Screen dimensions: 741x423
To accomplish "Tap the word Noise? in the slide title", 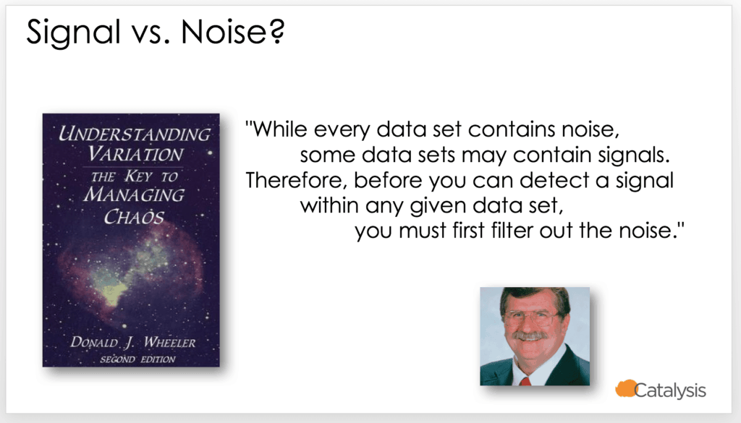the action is click(x=233, y=32).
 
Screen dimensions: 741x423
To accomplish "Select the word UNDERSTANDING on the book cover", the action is click(x=134, y=134).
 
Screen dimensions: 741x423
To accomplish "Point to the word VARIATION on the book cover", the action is click(x=135, y=154).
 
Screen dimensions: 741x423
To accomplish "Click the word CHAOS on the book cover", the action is click(x=134, y=217).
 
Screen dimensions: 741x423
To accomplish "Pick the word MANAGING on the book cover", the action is click(x=134, y=195).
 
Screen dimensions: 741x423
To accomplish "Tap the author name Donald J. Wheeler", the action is click(x=133, y=342).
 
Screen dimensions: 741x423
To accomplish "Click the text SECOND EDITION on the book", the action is click(x=137, y=360).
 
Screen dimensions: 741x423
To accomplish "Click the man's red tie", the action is click(x=525, y=380).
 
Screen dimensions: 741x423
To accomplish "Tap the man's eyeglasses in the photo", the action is click(x=530, y=317).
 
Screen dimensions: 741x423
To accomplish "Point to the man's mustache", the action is click(x=530, y=336).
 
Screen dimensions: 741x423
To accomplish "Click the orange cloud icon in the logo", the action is click(x=626, y=388).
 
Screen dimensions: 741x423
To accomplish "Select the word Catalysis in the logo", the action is click(x=670, y=390).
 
